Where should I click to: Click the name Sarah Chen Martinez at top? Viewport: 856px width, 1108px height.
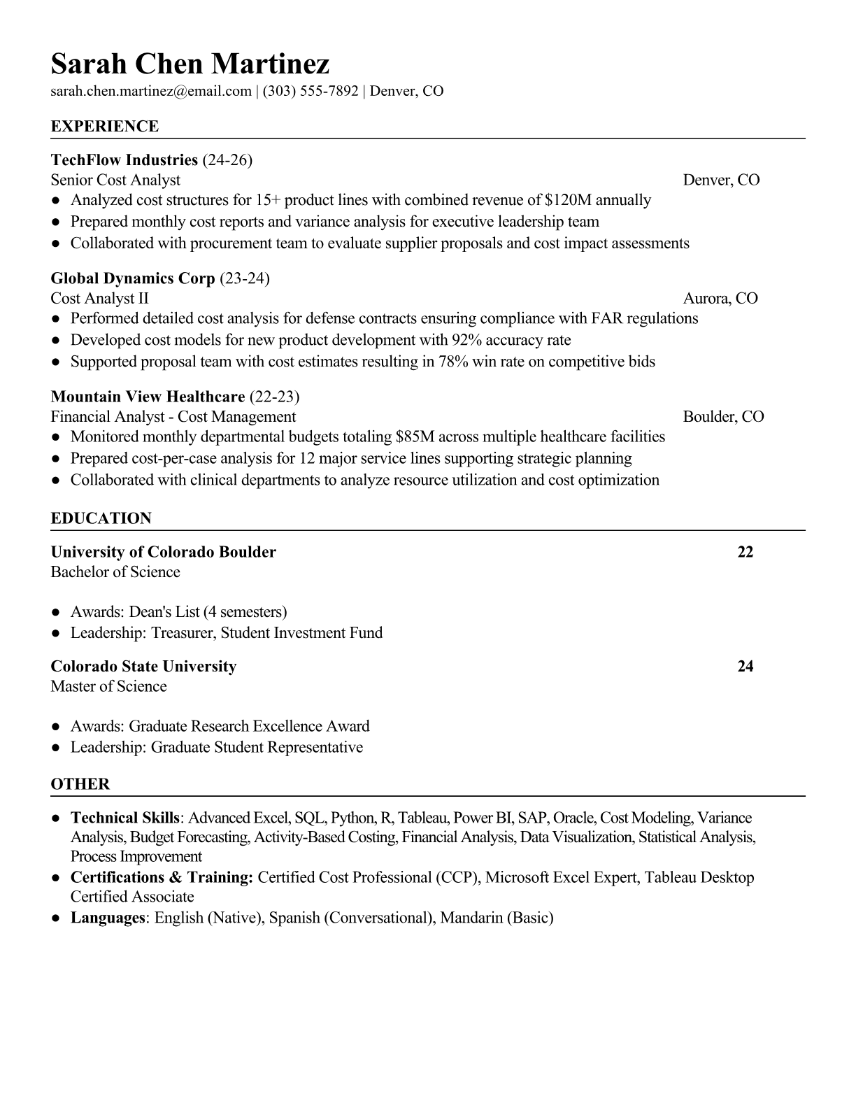click(190, 64)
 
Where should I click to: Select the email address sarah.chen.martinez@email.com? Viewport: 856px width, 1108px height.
click(151, 91)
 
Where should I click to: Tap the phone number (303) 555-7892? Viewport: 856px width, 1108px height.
click(311, 91)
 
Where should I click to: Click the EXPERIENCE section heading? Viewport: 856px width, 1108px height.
click(105, 127)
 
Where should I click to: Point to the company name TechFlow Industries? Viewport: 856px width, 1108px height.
click(124, 160)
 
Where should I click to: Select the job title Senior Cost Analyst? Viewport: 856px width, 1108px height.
click(115, 180)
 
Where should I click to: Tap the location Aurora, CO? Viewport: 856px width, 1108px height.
click(720, 299)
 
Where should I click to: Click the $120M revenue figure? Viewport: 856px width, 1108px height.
click(568, 200)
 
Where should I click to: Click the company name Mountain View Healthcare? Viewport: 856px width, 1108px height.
click(148, 397)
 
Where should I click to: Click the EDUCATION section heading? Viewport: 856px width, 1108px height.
click(101, 518)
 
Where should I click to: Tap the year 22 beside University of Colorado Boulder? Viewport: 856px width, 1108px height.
click(746, 552)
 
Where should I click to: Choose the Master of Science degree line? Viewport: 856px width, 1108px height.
click(108, 686)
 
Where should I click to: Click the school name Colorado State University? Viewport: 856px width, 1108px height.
click(143, 666)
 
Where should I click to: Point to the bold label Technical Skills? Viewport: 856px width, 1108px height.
click(125, 818)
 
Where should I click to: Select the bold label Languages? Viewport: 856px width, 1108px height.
click(107, 918)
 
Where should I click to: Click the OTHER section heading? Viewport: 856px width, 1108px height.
click(80, 784)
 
